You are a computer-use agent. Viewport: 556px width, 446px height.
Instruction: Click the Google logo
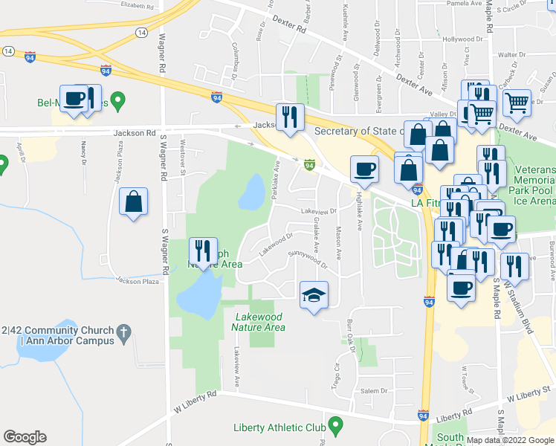pyautogui.click(x=25, y=437)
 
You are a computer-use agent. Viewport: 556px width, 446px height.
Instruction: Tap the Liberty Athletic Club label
pyautogui.click(x=279, y=427)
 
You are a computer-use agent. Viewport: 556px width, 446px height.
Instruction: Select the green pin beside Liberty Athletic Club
pyautogui.click(x=336, y=426)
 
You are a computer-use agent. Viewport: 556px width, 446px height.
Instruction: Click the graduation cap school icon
pyautogui.click(x=313, y=296)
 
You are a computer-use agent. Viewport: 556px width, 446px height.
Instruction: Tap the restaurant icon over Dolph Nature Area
pyautogui.click(x=203, y=251)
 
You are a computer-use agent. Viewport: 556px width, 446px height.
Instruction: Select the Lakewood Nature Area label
pyautogui.click(x=259, y=322)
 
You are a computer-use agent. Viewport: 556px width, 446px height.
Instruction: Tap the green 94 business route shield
pyautogui.click(x=308, y=164)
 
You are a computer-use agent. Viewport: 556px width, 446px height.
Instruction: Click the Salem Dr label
pyautogui.click(x=374, y=390)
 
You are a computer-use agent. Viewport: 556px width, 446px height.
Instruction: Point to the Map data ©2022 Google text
pyautogui.click(x=511, y=439)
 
